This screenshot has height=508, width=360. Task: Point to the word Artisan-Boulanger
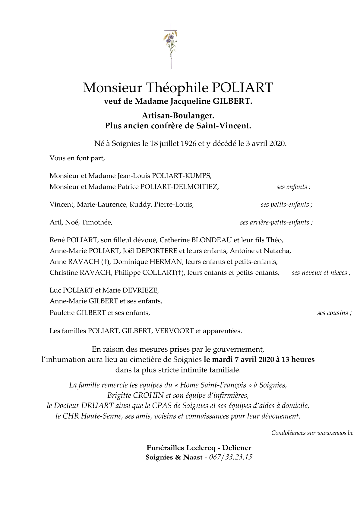click(178, 116)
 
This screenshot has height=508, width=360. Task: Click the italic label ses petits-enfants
click(286, 205)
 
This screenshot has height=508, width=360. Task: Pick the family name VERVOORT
click(174, 331)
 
